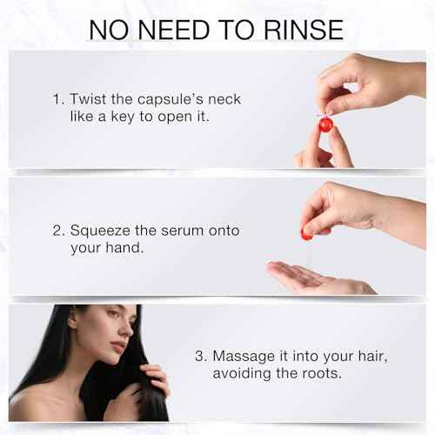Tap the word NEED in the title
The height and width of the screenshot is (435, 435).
(x=174, y=30)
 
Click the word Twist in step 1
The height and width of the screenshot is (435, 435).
(x=88, y=99)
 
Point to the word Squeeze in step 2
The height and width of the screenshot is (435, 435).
(x=100, y=231)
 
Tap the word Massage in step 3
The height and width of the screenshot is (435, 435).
(x=244, y=357)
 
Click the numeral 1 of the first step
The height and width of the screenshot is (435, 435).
(x=57, y=99)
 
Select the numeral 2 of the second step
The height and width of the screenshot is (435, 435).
(x=57, y=231)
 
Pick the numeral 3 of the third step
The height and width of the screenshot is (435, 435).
(x=199, y=356)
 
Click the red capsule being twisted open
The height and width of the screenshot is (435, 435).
(x=326, y=124)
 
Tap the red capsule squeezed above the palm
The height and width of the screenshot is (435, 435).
(x=306, y=233)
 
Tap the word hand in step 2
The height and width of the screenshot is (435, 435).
(x=124, y=248)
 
